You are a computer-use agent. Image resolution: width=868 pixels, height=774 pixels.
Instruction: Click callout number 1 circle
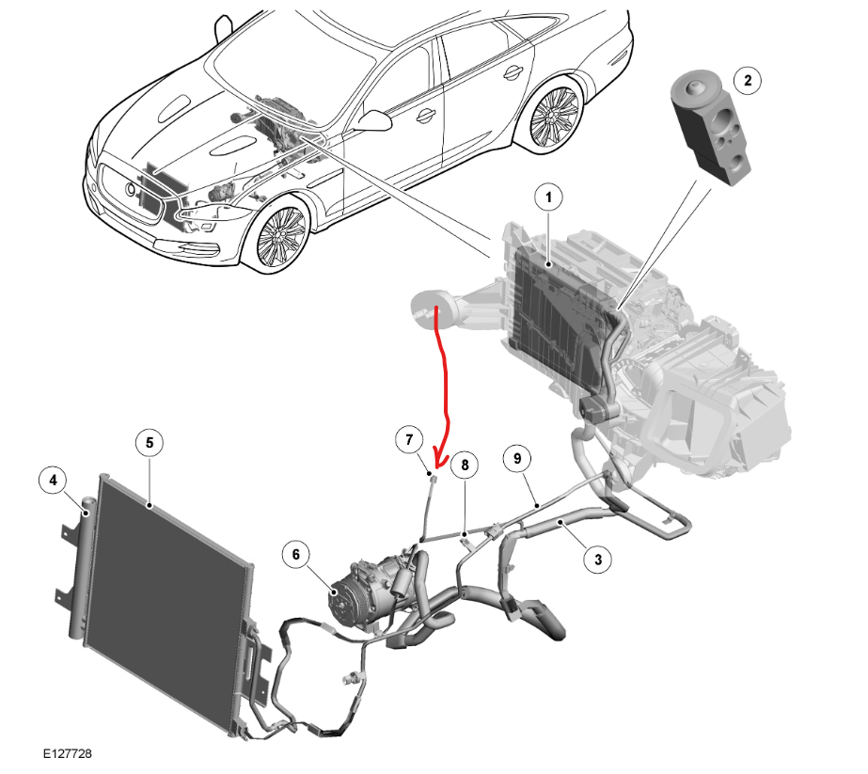coord(548,198)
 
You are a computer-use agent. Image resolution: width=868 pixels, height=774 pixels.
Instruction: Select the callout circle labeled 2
coord(748,81)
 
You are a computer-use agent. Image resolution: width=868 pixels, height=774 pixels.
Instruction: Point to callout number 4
coord(54,481)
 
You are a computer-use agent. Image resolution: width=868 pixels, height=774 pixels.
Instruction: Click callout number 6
coord(296,556)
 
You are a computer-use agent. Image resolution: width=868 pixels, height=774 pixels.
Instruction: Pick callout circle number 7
coord(409,440)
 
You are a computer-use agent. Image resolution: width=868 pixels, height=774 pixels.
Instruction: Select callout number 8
coord(463,464)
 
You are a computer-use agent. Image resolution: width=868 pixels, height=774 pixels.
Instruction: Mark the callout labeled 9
coord(516,458)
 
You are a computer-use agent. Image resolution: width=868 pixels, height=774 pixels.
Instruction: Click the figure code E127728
coord(67,754)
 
